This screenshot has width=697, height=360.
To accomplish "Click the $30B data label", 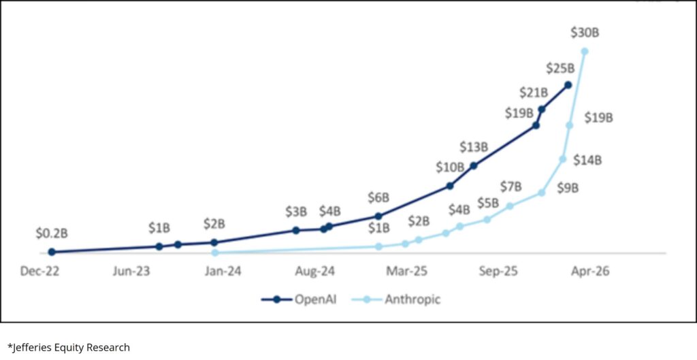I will coord(585,33).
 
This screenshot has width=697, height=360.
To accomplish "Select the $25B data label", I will coord(560,68).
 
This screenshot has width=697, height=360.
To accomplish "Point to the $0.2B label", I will coord(52,233).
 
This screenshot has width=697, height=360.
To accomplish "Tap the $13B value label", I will coord(474,146).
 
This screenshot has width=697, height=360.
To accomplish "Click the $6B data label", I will coord(378,198).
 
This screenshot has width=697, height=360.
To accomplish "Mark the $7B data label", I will coord(510,186).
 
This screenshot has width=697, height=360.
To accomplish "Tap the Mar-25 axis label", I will coord(407,271).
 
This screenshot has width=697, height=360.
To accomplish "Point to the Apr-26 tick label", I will coord(590,271).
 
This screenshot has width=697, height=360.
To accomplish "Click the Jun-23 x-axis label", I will coord(131,271).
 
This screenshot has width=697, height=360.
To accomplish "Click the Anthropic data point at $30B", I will coord(585,51).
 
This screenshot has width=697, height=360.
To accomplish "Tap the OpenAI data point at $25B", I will coord(568,85).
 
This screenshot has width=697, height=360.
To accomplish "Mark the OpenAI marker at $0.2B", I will coord(52,252).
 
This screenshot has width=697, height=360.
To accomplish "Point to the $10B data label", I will coord(450,167).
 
